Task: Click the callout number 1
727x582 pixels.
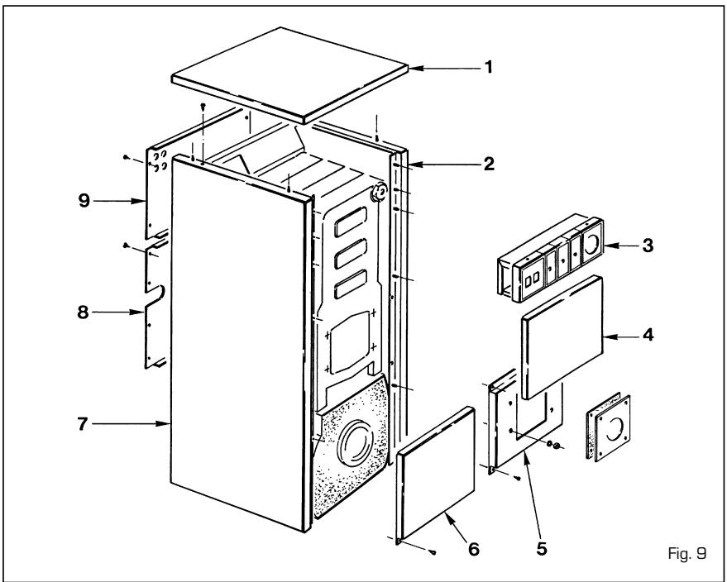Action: [x=488, y=68]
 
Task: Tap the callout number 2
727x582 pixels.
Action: [x=489, y=164]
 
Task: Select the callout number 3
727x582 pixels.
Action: [x=648, y=246]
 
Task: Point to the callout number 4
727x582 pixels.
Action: [x=648, y=335]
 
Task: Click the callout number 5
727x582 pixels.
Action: [x=542, y=549]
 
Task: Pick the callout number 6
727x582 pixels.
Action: [x=473, y=549]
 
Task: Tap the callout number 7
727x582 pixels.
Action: [x=83, y=423]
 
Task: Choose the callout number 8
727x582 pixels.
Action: [x=83, y=312]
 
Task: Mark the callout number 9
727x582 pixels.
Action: [x=84, y=201]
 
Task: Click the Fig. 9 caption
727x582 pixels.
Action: [x=687, y=553]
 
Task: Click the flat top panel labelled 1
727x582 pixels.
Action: [x=290, y=75]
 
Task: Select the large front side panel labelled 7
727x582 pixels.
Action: [x=240, y=343]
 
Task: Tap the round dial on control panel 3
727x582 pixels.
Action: [x=591, y=243]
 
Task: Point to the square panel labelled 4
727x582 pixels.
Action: [x=562, y=337]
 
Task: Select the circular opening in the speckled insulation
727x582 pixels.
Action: [x=356, y=443]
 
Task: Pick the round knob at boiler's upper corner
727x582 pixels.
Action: [x=379, y=191]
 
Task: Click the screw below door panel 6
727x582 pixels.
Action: [x=433, y=552]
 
